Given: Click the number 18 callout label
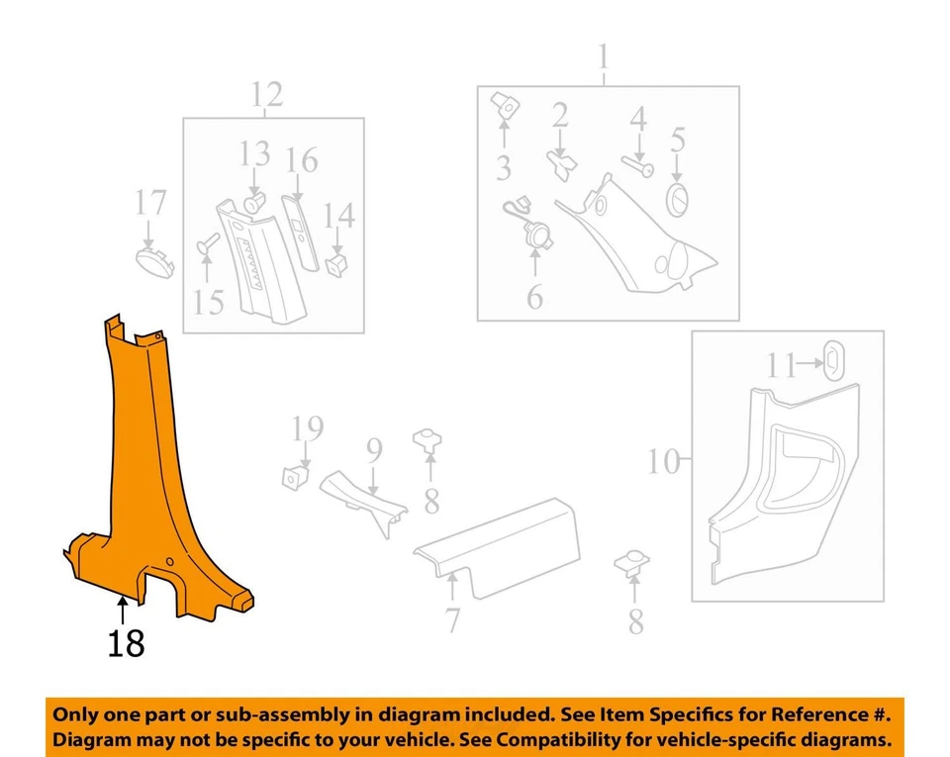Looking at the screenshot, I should pyautogui.click(x=126, y=643).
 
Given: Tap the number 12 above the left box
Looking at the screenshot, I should pyautogui.click(x=266, y=95).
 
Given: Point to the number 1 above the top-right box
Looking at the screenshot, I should pyautogui.click(x=604, y=60).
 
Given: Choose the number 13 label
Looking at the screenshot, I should pyautogui.click(x=254, y=154).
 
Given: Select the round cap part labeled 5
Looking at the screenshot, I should pyautogui.click(x=678, y=199).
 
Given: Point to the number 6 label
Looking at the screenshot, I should pyautogui.click(x=534, y=296).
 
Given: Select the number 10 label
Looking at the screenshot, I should pyautogui.click(x=665, y=461).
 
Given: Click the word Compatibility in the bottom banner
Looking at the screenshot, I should pyautogui.click(x=623, y=740).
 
